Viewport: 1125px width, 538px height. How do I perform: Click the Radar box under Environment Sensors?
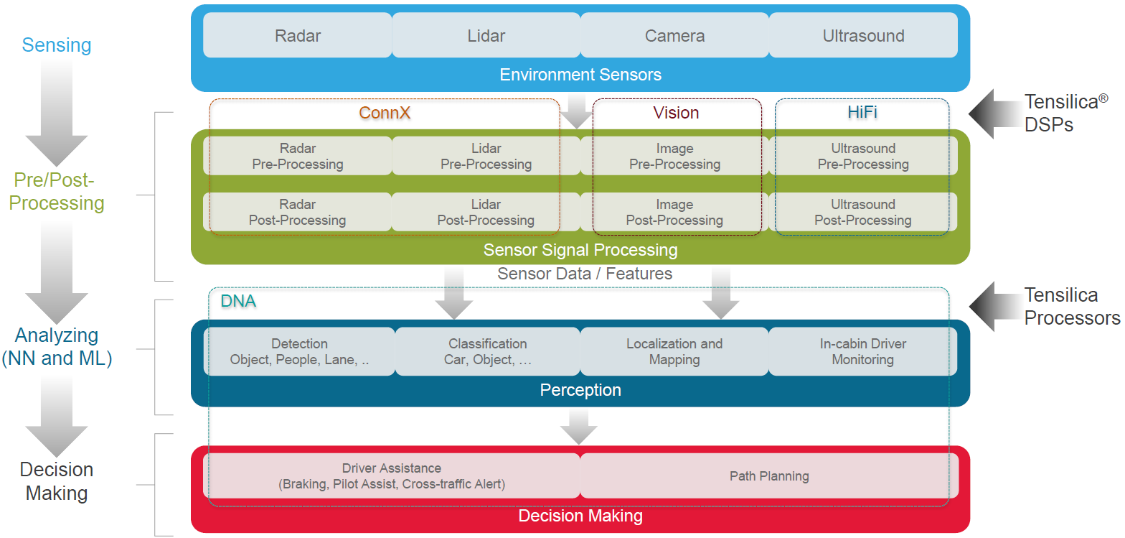(x=298, y=35)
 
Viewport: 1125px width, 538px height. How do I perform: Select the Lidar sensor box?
(x=486, y=35)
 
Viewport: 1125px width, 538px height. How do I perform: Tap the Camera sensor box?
(x=674, y=35)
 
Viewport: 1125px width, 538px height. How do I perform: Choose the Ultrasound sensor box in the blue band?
(x=863, y=35)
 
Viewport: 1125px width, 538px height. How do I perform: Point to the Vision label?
(x=676, y=113)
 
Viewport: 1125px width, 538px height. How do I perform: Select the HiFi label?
(x=862, y=113)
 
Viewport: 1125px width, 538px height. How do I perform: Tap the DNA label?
(x=238, y=301)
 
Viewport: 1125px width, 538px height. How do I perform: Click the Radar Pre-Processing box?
(x=298, y=156)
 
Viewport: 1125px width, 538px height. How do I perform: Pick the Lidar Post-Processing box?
(x=486, y=213)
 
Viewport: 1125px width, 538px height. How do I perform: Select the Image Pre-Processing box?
(x=674, y=156)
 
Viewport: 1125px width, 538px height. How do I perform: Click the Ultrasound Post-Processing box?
(x=862, y=213)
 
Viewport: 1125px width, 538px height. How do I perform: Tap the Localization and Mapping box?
(x=674, y=351)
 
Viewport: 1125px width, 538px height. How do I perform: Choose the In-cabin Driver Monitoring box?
(x=862, y=351)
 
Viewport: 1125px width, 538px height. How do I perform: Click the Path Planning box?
(x=769, y=476)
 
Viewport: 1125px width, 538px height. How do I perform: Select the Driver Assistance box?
(x=392, y=476)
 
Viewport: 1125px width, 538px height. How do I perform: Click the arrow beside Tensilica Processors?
(x=994, y=306)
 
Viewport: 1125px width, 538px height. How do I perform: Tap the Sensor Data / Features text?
(x=585, y=274)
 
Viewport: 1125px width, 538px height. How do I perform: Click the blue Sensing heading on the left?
(x=57, y=45)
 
